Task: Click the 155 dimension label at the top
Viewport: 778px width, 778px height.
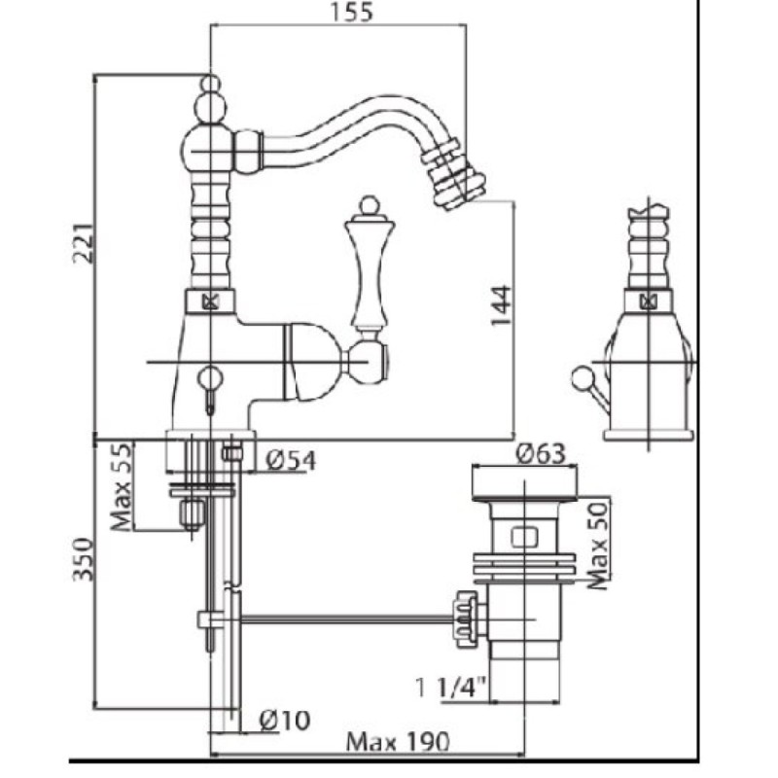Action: [351, 12]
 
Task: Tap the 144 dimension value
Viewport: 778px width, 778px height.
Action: [500, 304]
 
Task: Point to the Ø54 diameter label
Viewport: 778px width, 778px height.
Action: [291, 460]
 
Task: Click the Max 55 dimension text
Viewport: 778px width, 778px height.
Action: [122, 486]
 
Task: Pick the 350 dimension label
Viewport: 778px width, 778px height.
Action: [83, 558]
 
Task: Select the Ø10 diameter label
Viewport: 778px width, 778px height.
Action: [285, 721]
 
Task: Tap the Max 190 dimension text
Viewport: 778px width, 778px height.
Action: [397, 742]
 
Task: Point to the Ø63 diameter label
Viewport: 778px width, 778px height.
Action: [541, 453]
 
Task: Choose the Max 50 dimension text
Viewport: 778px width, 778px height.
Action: [598, 545]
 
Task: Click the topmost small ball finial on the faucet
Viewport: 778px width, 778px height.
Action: [211, 83]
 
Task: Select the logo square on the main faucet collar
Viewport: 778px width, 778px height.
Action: [211, 301]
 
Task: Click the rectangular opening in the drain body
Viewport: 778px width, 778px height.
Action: [524, 537]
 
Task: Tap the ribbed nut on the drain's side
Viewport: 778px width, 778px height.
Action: [467, 619]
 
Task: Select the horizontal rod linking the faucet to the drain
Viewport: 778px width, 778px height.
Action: [346, 619]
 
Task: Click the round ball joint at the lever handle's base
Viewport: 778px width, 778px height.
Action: [368, 362]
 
